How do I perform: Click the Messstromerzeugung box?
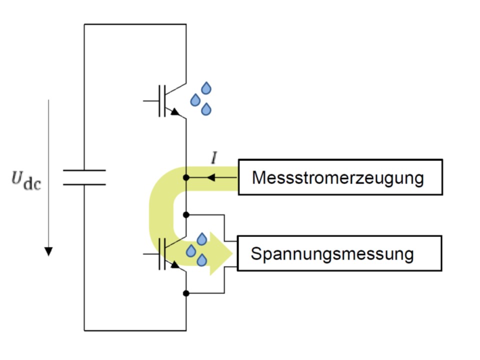click(340, 177)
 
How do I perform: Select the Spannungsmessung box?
click(339, 253)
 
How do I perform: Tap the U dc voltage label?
click(26, 181)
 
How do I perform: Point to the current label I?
click(214, 158)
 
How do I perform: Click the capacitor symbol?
click(84, 177)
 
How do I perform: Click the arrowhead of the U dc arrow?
click(48, 251)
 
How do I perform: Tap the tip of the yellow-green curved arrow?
click(232, 253)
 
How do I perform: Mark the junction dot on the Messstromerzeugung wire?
click(186, 177)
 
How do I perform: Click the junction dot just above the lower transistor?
click(186, 215)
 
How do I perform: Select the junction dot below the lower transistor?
click(186, 293)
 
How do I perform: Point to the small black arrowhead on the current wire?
click(211, 177)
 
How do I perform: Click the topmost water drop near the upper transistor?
click(206, 88)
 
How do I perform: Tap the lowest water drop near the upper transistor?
click(206, 109)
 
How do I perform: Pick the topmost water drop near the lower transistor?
click(201, 239)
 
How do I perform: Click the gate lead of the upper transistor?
click(151, 100)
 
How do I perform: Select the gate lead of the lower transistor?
click(151, 254)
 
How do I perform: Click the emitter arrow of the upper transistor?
click(175, 111)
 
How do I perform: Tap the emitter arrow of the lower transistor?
click(175, 264)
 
